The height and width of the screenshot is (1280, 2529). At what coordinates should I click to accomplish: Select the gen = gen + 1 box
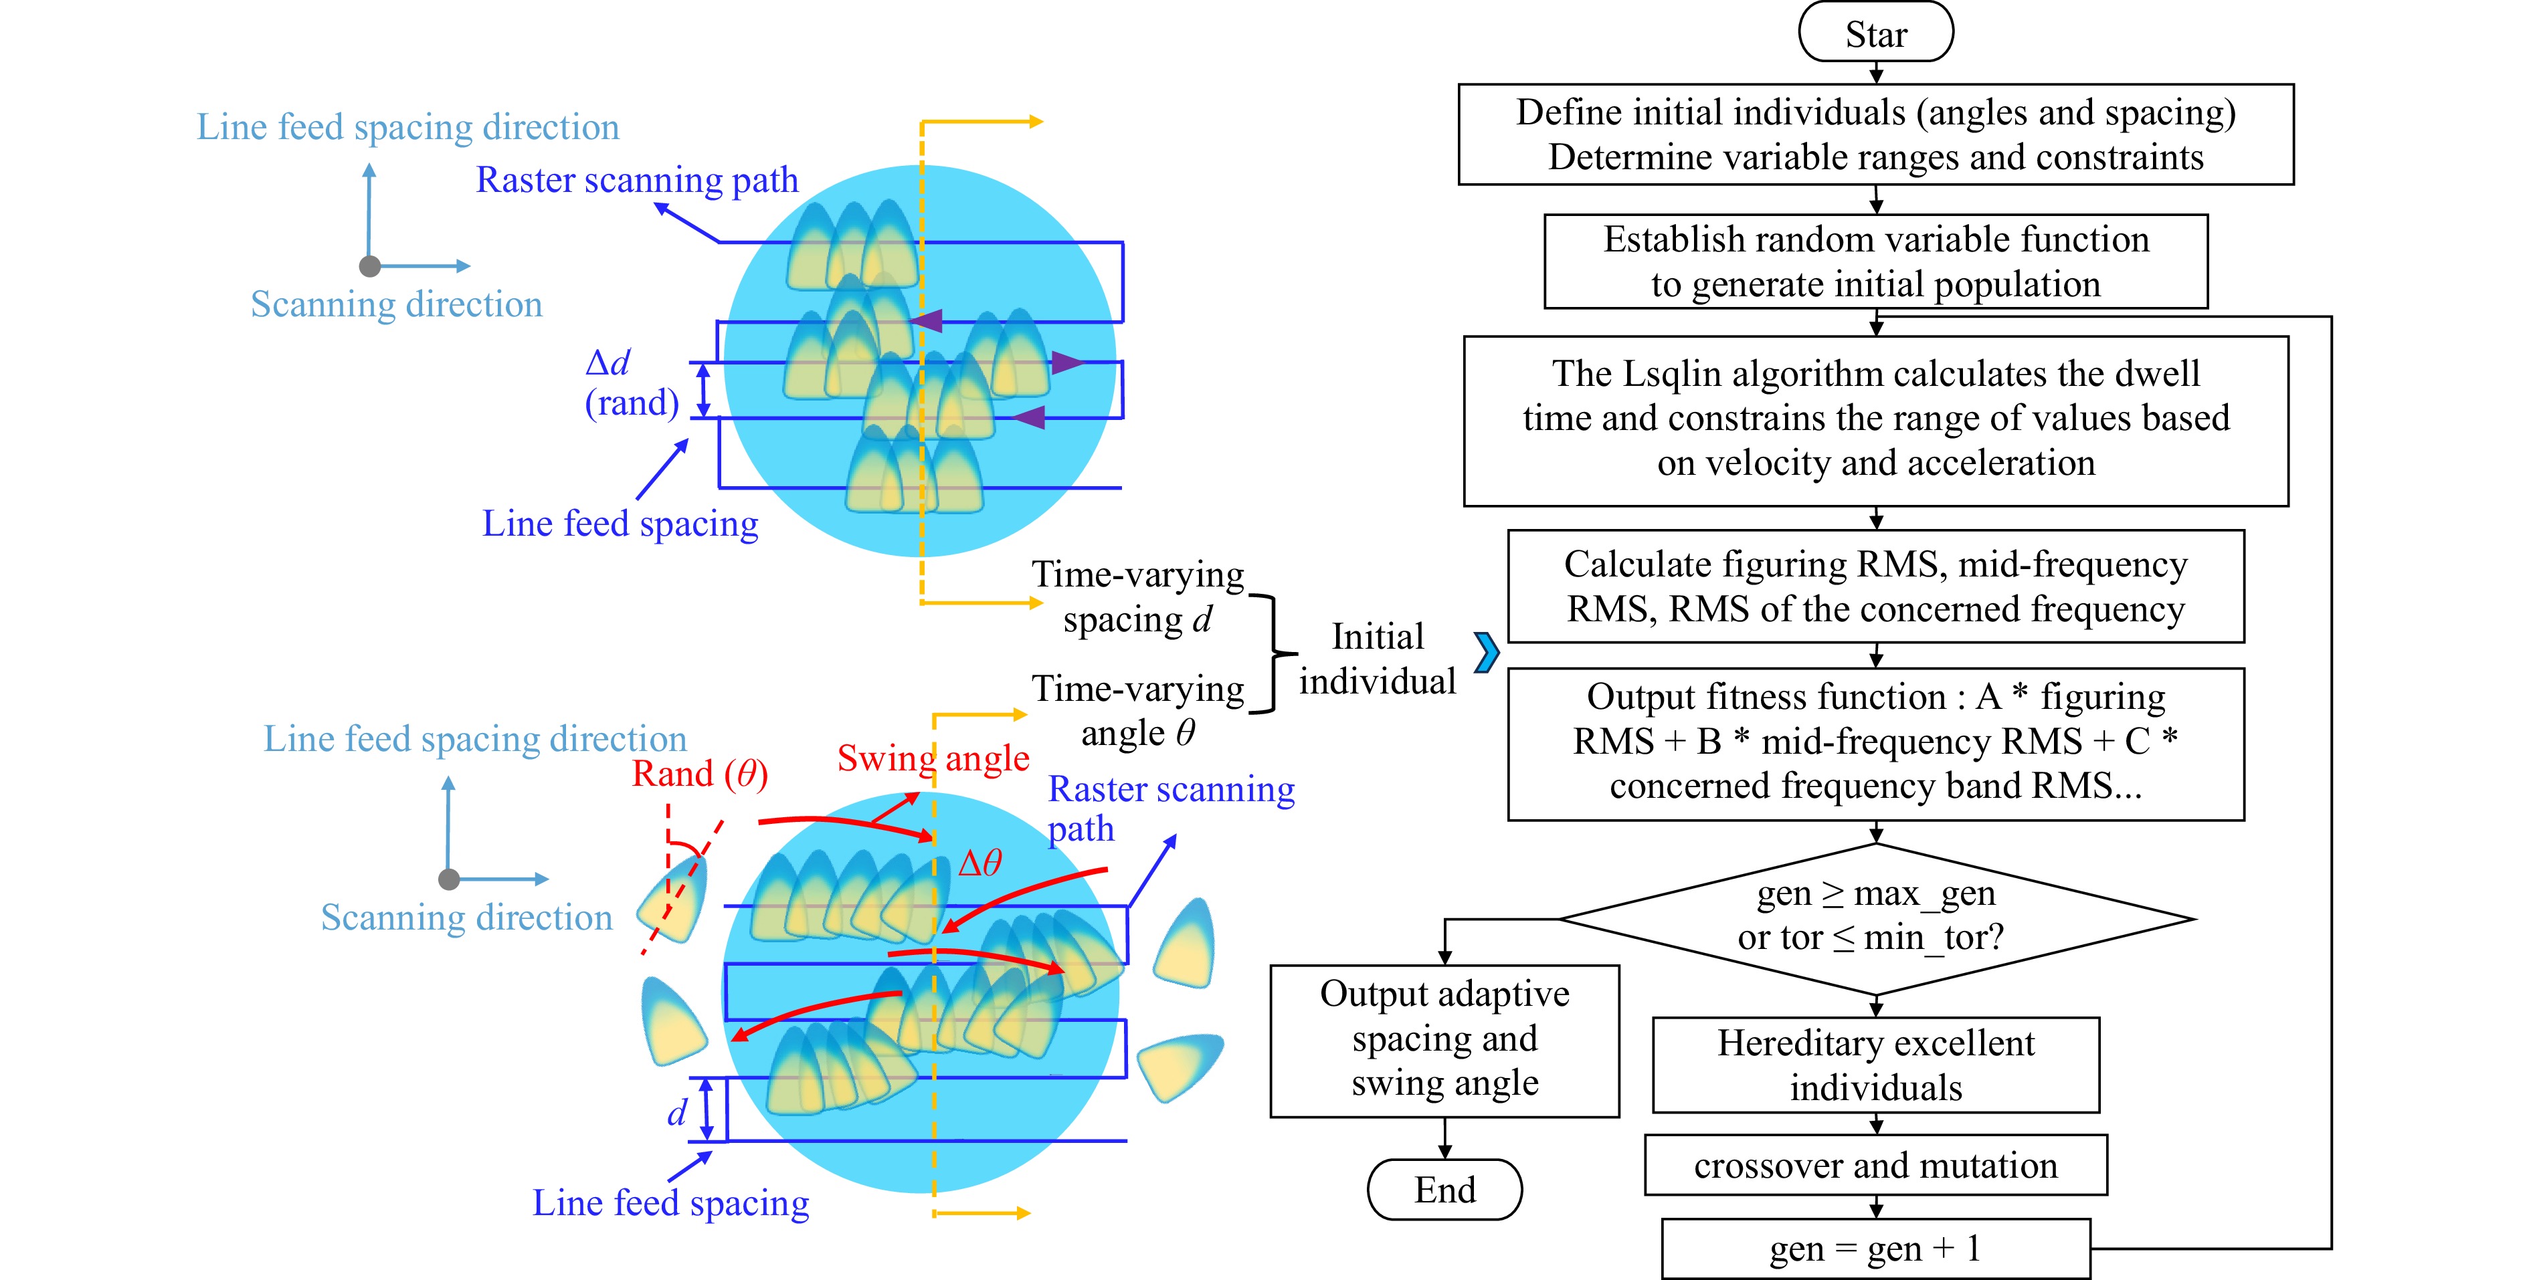pyautogui.click(x=1875, y=1249)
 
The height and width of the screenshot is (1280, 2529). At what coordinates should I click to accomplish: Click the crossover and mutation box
pyautogui.click(x=1875, y=1165)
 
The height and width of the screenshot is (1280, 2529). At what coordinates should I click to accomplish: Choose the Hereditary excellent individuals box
pyautogui.click(x=1875, y=1065)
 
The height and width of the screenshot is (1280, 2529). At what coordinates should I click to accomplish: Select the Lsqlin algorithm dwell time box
pyautogui.click(x=1875, y=420)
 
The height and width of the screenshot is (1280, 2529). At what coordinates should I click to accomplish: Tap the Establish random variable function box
pyautogui.click(x=1875, y=261)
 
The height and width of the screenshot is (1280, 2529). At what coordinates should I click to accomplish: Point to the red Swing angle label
pyautogui.click(x=933, y=758)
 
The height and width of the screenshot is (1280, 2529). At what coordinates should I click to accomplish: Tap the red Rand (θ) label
pyautogui.click(x=699, y=774)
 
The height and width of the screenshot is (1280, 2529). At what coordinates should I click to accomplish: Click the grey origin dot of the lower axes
pyautogui.click(x=449, y=879)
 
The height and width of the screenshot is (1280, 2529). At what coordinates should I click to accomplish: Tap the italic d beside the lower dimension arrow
pyautogui.click(x=677, y=1113)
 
